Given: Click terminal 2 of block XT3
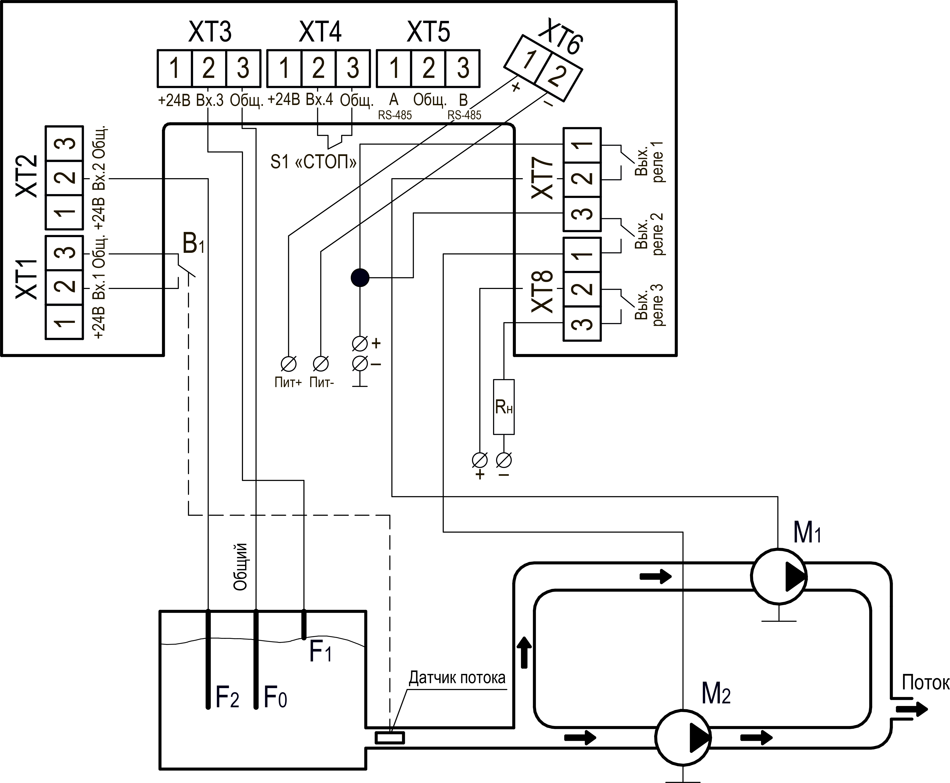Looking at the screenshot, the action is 209,68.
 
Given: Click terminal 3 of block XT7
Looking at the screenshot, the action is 582,214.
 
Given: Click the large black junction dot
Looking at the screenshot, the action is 360,278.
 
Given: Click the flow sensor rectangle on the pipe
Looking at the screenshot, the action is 390,738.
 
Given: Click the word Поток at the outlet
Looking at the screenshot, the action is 925,683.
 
